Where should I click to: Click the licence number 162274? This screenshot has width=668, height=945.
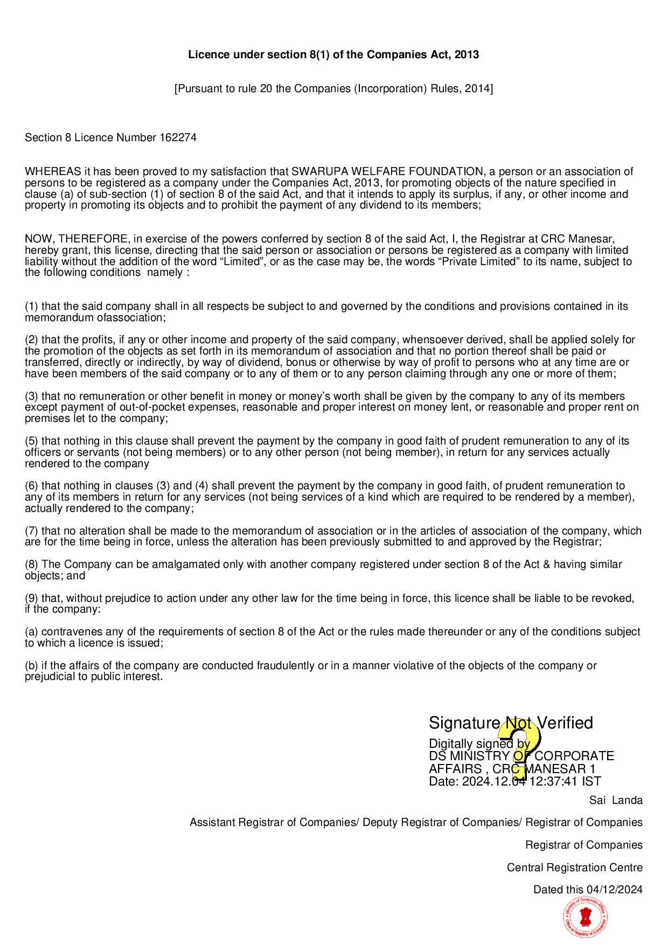[x=178, y=137]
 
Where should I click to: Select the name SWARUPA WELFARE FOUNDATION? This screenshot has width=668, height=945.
[x=387, y=171]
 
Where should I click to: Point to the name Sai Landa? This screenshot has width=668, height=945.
[x=616, y=800]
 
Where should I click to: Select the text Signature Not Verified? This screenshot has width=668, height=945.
[x=510, y=722]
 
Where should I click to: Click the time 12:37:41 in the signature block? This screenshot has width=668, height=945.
[x=553, y=781]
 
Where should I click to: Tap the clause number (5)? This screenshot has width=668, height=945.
[x=32, y=441]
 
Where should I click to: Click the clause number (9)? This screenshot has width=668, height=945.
[x=32, y=598]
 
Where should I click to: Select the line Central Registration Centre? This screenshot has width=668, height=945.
[x=574, y=867]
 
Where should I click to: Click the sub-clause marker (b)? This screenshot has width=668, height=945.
[x=32, y=665]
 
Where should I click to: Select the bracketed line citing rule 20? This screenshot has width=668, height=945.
[x=333, y=88]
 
